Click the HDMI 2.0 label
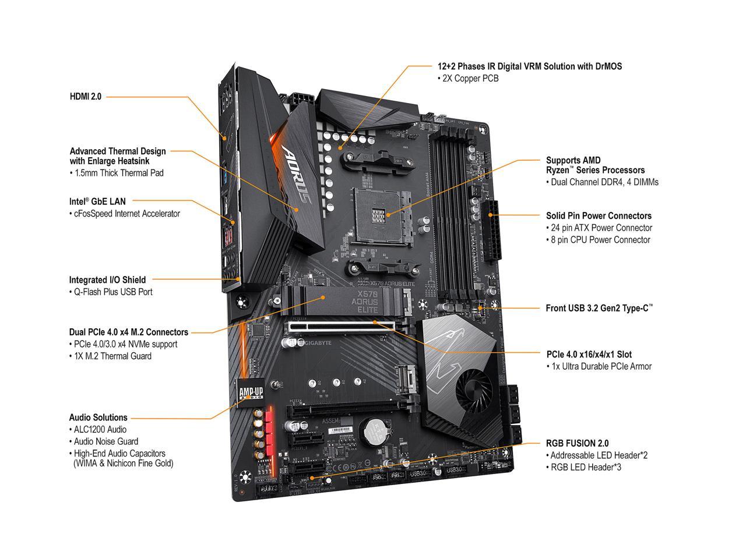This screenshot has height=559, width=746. click(x=85, y=97)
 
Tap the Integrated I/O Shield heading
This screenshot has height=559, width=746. click(x=107, y=279)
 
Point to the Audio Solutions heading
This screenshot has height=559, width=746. click(x=98, y=418)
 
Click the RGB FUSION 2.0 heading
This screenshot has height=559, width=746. click(x=578, y=443)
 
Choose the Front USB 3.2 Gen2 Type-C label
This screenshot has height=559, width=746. click(x=599, y=308)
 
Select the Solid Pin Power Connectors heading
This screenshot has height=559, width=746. click(x=599, y=215)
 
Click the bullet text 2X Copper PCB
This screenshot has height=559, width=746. click(x=468, y=79)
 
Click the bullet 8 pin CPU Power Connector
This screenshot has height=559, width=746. click(x=598, y=240)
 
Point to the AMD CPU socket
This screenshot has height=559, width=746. click(x=382, y=212)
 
